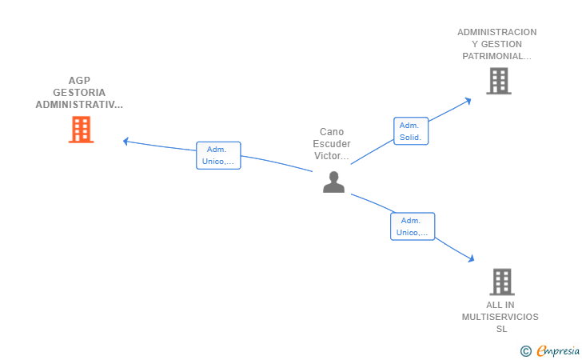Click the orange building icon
[81, 130]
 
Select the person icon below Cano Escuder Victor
[333, 182]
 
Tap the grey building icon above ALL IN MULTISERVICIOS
[502, 282]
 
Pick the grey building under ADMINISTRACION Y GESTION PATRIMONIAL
[499, 81]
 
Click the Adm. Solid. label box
[411, 131]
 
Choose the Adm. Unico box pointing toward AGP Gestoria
[218, 155]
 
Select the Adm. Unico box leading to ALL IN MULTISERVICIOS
[413, 226]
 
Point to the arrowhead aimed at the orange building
[126, 141]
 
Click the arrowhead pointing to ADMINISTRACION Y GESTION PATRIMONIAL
[468, 101]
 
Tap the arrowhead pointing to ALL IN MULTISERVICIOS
[472, 258]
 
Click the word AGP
[79, 80]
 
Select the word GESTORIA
[79, 93]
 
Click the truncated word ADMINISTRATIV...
[79, 105]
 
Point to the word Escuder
[332, 144]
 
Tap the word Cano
[332, 132]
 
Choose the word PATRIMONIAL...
[496, 56]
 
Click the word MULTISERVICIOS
[500, 317]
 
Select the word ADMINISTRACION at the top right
[497, 32]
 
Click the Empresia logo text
[558, 350]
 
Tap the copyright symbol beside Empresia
[526, 351]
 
